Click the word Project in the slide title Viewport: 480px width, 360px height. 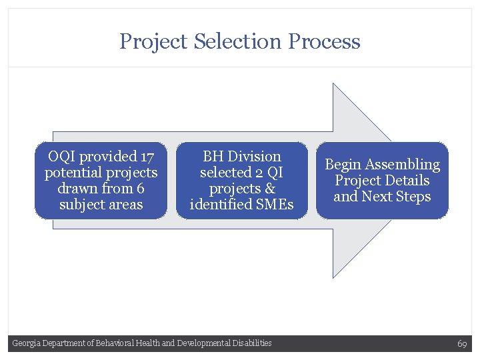(x=154, y=41)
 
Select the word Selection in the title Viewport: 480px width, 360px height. (x=239, y=41)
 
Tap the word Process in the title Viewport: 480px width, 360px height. (x=325, y=41)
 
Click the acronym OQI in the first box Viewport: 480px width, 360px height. (x=61, y=157)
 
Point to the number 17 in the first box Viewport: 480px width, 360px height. (x=147, y=157)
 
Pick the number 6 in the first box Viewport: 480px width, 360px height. (x=139, y=189)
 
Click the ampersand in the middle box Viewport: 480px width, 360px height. (x=269, y=189)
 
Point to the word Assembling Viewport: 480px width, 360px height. (x=403, y=165)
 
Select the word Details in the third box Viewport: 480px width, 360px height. (x=407, y=181)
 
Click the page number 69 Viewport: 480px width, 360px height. (x=462, y=343)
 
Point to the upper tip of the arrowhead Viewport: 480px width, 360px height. (x=333, y=84)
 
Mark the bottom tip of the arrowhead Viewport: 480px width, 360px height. (x=333, y=277)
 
